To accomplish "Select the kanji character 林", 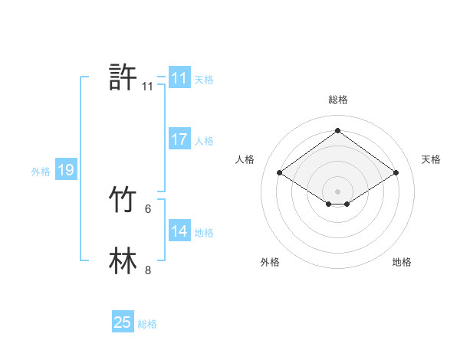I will tap(123, 260).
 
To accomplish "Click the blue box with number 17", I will tap(179, 139).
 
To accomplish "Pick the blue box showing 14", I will tap(179, 231).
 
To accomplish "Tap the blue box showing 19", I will tap(66, 170).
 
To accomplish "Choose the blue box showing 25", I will tap(123, 322).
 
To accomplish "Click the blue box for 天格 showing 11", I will tap(179, 78).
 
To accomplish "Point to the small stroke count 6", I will tap(148, 208).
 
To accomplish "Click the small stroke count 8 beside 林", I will tap(148, 270).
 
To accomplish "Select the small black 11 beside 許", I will tap(148, 87).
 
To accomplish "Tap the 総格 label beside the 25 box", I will tap(147, 324).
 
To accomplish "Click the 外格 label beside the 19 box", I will tap(41, 172).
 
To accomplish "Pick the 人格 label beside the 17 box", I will tap(205, 141).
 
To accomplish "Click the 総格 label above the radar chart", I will tap(338, 100).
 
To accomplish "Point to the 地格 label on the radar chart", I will tap(402, 262).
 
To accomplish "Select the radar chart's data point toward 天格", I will tap(396, 173).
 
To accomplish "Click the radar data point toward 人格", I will tap(280, 173).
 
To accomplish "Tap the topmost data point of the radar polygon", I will tap(338, 130).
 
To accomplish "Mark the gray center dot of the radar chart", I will tap(338, 191).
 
